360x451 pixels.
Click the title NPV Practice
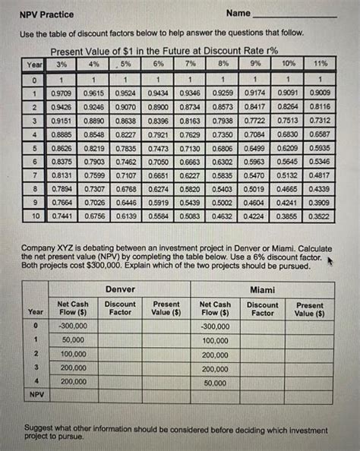pos(42,14)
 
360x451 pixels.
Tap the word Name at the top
pos(238,14)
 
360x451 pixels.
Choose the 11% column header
pos(321,63)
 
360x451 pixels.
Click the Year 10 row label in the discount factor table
pos(35,216)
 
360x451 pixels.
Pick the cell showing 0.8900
pos(158,109)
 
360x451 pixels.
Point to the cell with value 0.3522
pos(321,216)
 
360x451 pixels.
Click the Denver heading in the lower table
pos(120,289)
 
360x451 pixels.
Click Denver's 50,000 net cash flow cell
pos(74,339)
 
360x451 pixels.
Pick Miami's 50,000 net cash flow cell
pos(216,382)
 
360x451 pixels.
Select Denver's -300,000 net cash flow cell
pos(74,326)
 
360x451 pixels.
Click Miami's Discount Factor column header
pos(262,308)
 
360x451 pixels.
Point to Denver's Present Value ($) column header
pos(166,308)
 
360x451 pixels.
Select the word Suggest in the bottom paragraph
pos(39,428)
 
